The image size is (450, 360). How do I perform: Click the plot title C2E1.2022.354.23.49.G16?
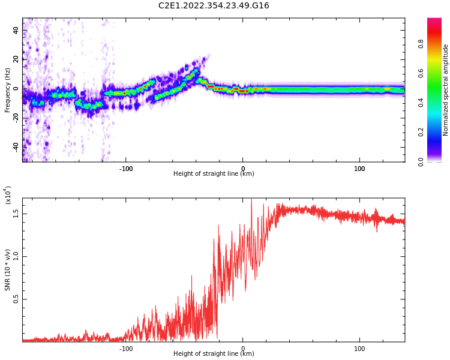click(214, 6)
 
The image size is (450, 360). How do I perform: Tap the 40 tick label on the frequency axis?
click(17, 30)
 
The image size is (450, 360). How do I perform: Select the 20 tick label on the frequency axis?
click(17, 59)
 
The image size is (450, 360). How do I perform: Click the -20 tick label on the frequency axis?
click(17, 118)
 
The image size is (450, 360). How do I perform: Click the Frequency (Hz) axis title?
click(8, 90)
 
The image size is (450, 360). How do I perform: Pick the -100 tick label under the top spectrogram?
click(125, 169)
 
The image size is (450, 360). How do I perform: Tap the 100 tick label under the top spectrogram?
click(359, 169)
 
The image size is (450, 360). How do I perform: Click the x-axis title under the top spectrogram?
click(214, 174)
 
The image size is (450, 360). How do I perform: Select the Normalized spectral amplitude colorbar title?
click(446, 90)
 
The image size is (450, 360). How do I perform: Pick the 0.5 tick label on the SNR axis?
click(17, 299)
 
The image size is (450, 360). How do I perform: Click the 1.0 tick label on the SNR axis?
click(17, 256)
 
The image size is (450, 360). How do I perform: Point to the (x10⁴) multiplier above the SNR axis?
click(8, 195)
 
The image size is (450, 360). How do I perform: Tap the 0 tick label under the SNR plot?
click(242, 349)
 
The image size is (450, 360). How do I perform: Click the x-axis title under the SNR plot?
click(214, 354)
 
